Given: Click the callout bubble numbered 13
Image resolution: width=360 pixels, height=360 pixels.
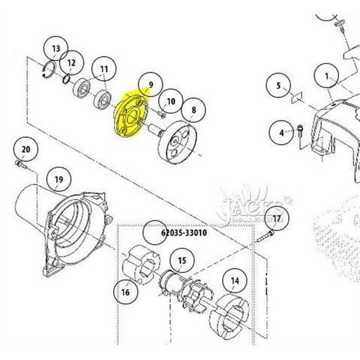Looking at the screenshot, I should tap(54, 49).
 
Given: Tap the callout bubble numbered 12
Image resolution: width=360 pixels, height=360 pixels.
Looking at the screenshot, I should tap(70, 63).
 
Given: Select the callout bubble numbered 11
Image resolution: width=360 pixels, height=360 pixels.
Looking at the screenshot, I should tap(104, 70).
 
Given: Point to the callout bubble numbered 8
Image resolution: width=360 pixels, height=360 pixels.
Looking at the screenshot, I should tap(193, 110).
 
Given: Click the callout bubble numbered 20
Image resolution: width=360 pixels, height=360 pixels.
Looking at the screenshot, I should tap(25, 150).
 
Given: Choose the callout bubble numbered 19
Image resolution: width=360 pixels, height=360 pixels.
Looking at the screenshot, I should tap(59, 179).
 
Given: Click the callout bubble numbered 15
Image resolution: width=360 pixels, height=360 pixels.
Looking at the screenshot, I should tap(181, 262).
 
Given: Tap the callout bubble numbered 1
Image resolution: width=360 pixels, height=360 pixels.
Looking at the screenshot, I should tap(327, 73).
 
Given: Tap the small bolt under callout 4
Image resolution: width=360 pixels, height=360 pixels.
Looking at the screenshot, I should tap(302, 132).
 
